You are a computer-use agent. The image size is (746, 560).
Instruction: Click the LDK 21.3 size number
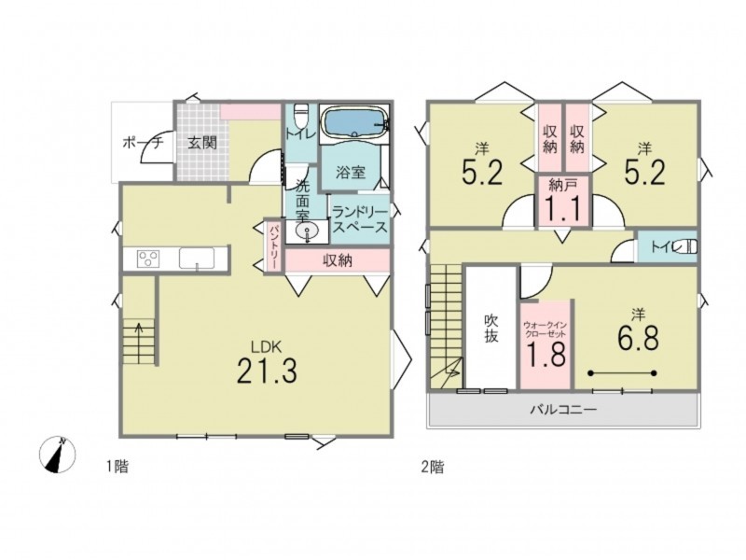coord(267,371)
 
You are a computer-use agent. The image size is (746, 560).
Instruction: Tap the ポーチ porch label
coord(144,142)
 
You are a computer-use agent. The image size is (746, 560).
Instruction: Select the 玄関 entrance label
coord(202,143)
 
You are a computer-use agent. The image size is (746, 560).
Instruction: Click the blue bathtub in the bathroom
coord(355,123)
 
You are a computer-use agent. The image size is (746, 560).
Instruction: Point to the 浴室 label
coord(351,172)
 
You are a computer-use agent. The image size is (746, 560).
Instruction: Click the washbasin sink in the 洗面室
coord(307,231)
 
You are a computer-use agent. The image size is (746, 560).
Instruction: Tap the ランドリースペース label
coord(360,219)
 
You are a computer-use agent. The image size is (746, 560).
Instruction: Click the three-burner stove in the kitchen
coord(148,259)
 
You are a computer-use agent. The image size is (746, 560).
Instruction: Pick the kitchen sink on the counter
coord(196,259)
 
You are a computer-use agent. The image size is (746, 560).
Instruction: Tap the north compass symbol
coord(57,455)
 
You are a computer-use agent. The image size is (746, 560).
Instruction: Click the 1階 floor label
coord(117,466)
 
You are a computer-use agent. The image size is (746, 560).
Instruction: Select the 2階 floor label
coord(433,467)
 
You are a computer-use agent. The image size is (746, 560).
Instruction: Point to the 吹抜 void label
coord(491,329)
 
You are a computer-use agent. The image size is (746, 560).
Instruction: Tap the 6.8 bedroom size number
coord(638,339)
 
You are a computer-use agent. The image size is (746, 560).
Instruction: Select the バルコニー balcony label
coord(564,409)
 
